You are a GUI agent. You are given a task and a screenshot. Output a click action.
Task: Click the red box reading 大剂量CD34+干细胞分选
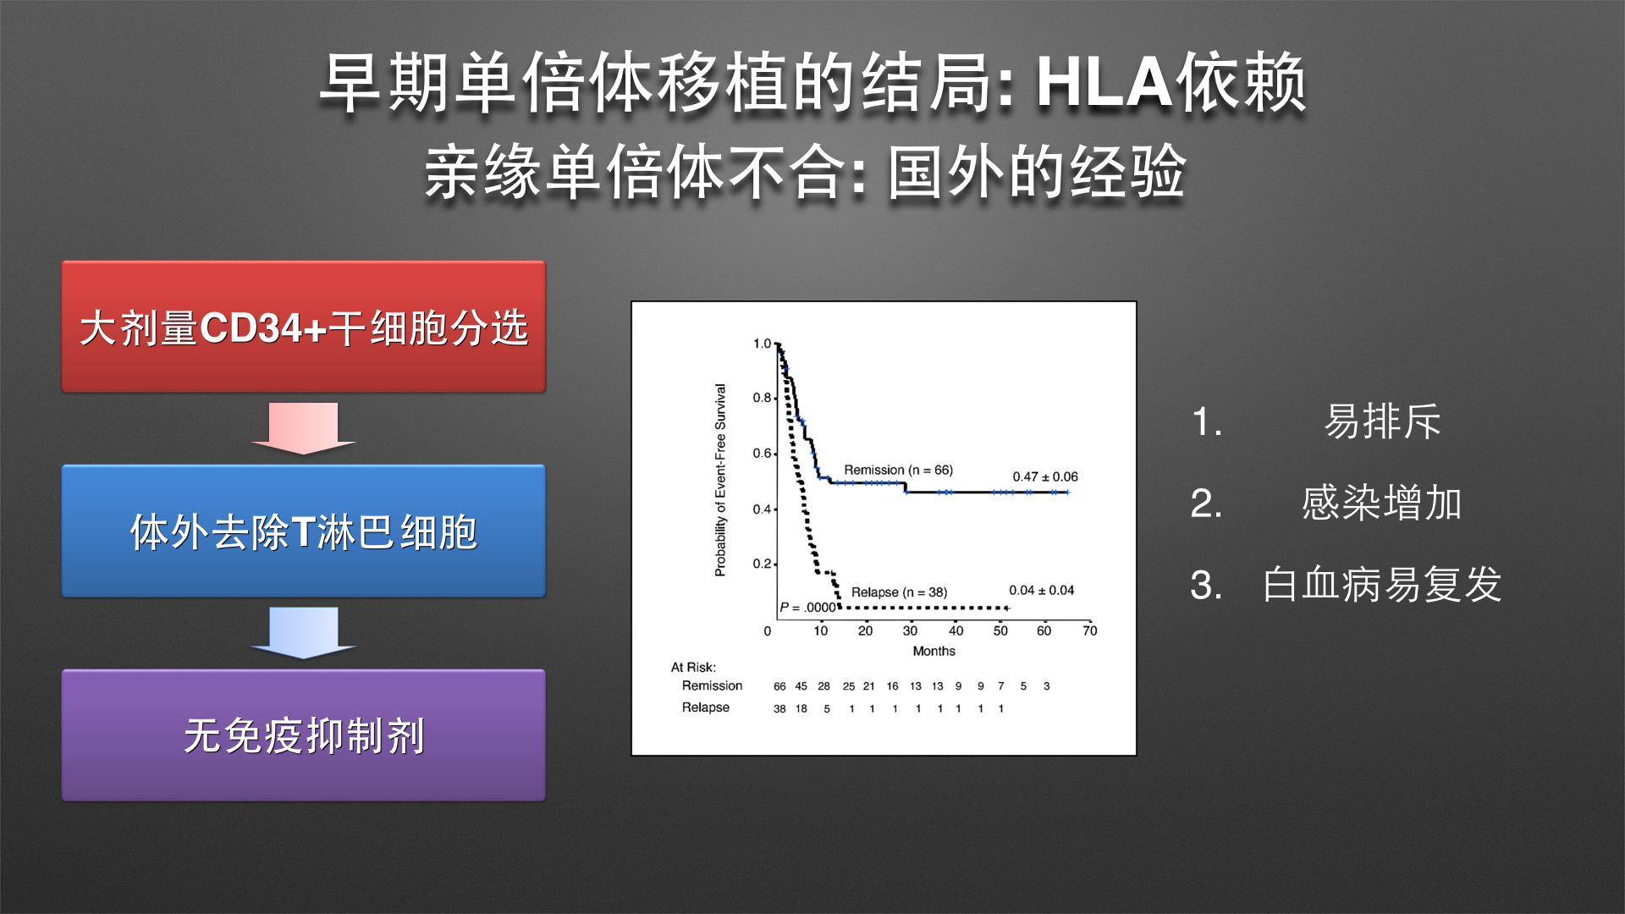pos(304,327)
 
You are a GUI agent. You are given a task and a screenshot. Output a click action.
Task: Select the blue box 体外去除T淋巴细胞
pos(304,531)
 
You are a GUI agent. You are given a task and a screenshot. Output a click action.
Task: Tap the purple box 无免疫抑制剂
pos(304,735)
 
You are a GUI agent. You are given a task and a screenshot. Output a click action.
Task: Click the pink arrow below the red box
pos(303,428)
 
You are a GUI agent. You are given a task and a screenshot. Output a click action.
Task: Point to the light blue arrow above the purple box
pos(303,632)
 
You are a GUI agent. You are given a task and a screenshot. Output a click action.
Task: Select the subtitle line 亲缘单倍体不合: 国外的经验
pos(805,172)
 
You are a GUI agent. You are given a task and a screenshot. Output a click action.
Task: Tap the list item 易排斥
pos(1382,421)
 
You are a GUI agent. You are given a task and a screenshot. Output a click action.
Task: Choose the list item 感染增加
pos(1382,503)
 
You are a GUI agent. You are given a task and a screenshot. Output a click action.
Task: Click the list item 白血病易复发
pos(1382,584)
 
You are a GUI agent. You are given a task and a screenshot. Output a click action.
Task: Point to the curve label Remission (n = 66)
pos(898,470)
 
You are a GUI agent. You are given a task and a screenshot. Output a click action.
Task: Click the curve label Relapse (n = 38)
pos(899,592)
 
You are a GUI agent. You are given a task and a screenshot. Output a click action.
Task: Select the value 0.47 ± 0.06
pos(1045,476)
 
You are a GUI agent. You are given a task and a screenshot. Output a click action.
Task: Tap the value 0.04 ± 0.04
pos(1041,590)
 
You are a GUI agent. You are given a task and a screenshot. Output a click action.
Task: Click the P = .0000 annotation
pos(808,607)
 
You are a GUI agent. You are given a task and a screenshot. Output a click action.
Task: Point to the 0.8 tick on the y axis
pos(762,398)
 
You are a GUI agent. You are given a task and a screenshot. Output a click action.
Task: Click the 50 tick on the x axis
pos(1000,630)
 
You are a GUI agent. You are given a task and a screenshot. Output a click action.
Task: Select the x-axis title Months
pos(934,651)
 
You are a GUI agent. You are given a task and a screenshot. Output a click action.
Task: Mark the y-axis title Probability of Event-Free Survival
pos(720,480)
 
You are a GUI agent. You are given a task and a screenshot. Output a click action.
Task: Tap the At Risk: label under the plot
pos(693,667)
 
